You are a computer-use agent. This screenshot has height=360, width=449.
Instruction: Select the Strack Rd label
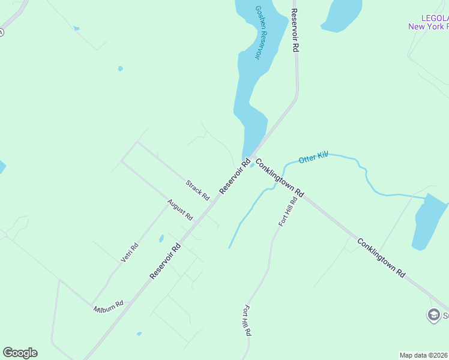[x=197, y=190]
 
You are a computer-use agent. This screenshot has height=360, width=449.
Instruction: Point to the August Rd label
[x=180, y=209]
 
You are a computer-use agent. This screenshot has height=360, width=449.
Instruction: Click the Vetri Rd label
[x=130, y=252]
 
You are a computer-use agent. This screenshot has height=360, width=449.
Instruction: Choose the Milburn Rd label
[x=109, y=307]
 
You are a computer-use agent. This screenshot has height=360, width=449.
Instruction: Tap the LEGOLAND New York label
[x=428, y=22]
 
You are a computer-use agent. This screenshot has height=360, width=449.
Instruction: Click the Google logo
[x=20, y=353]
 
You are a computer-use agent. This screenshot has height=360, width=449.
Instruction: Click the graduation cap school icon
[x=433, y=315]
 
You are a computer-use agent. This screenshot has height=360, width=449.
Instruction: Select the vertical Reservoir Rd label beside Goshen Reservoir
[x=295, y=31]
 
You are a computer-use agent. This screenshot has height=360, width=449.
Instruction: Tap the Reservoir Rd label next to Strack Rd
[x=235, y=176]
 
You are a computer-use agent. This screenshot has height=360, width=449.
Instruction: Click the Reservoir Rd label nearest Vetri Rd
[x=165, y=261]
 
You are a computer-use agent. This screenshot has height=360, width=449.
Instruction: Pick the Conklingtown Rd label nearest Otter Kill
[x=280, y=178]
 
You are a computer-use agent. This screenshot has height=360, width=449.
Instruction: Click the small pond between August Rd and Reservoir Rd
[x=161, y=238]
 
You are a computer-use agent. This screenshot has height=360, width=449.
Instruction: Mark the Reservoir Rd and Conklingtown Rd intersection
[x=253, y=155]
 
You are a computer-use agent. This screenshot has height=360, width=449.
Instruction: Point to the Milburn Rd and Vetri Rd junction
[x=92, y=303]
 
